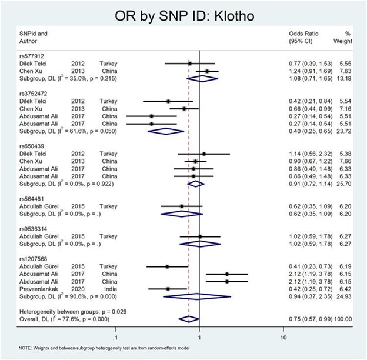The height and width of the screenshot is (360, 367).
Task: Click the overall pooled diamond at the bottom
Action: pos(189,319)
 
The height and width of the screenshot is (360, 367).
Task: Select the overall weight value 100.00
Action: pos(341,319)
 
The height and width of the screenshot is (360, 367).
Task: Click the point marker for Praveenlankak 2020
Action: pos(168,289)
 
